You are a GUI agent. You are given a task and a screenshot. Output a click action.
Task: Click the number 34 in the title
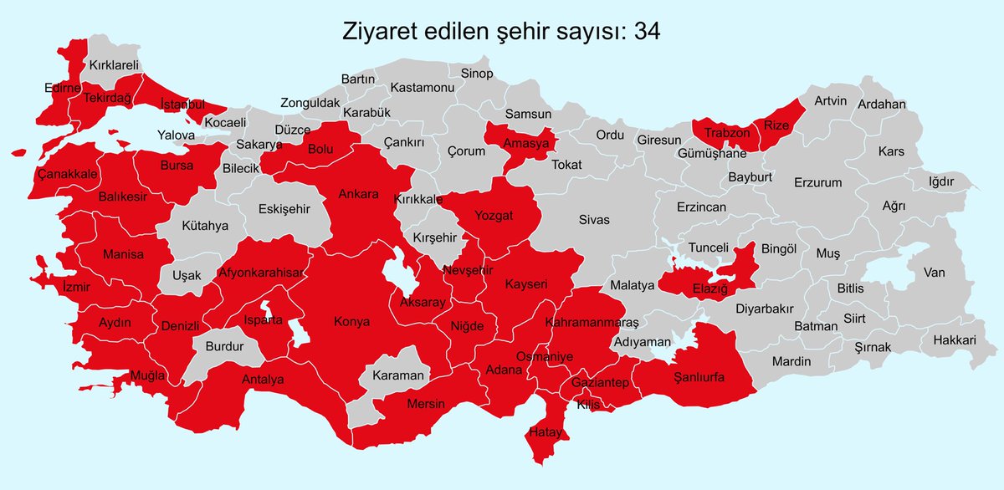(x=647, y=31)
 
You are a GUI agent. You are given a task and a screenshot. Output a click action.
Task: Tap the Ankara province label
(x=359, y=194)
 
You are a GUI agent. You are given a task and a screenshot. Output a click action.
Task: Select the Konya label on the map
(x=351, y=321)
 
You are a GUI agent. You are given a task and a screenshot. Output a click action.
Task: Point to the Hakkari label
(x=954, y=340)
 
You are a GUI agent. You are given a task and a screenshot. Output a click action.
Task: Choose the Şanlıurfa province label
(x=699, y=377)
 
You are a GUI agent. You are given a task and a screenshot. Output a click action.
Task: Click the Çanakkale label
(x=68, y=174)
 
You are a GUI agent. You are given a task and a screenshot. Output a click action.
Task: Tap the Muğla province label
(x=147, y=375)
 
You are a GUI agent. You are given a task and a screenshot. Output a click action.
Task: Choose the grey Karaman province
(x=398, y=375)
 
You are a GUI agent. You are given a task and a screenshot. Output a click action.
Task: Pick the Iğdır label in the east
(x=940, y=181)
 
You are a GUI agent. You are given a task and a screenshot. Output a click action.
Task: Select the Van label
(x=934, y=272)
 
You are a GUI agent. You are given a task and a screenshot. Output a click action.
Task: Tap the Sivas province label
(x=594, y=220)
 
